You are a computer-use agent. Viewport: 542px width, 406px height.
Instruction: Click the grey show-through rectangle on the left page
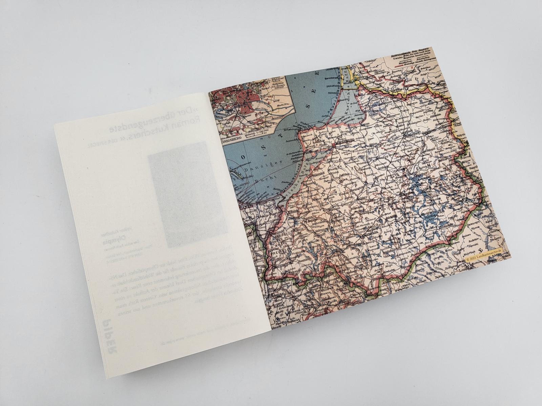pyautogui.click(x=178, y=193)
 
